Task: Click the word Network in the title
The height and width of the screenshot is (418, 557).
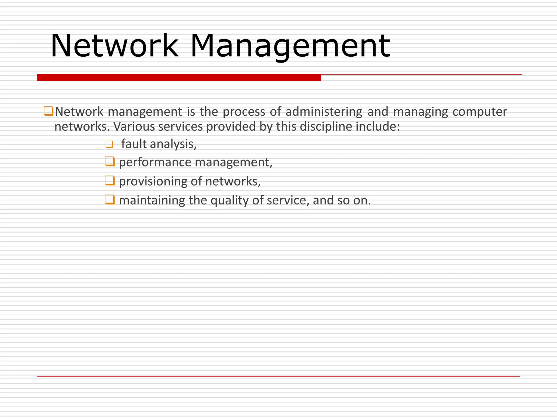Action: (x=115, y=45)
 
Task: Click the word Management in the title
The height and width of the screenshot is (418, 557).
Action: (x=290, y=45)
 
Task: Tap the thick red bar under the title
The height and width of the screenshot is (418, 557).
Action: (x=179, y=78)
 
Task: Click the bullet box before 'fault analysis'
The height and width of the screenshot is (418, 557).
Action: (x=109, y=144)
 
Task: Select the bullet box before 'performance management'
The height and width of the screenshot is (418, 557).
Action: (x=110, y=161)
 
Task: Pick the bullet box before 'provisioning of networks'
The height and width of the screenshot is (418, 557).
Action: (x=110, y=180)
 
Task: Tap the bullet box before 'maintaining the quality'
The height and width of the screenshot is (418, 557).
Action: (x=110, y=199)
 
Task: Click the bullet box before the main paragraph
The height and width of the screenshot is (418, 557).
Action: (x=48, y=111)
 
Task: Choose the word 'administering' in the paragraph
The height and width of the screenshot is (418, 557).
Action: (x=324, y=112)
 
